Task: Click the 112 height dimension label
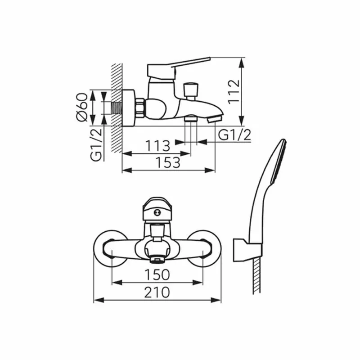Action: (x=234, y=92)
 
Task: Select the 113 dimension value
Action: (x=158, y=145)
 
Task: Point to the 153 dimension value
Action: (x=168, y=162)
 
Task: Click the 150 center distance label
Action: (x=157, y=275)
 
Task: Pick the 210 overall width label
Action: (x=157, y=292)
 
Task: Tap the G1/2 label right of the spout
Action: (x=234, y=135)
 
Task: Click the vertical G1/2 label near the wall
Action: (x=96, y=144)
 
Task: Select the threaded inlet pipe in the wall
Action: (x=117, y=108)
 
